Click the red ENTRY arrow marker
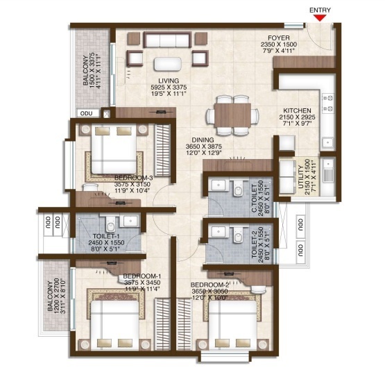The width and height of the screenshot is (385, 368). [x=318, y=18]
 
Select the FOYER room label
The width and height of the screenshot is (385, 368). [x=284, y=38]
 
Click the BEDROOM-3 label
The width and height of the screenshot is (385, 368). [x=134, y=177]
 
